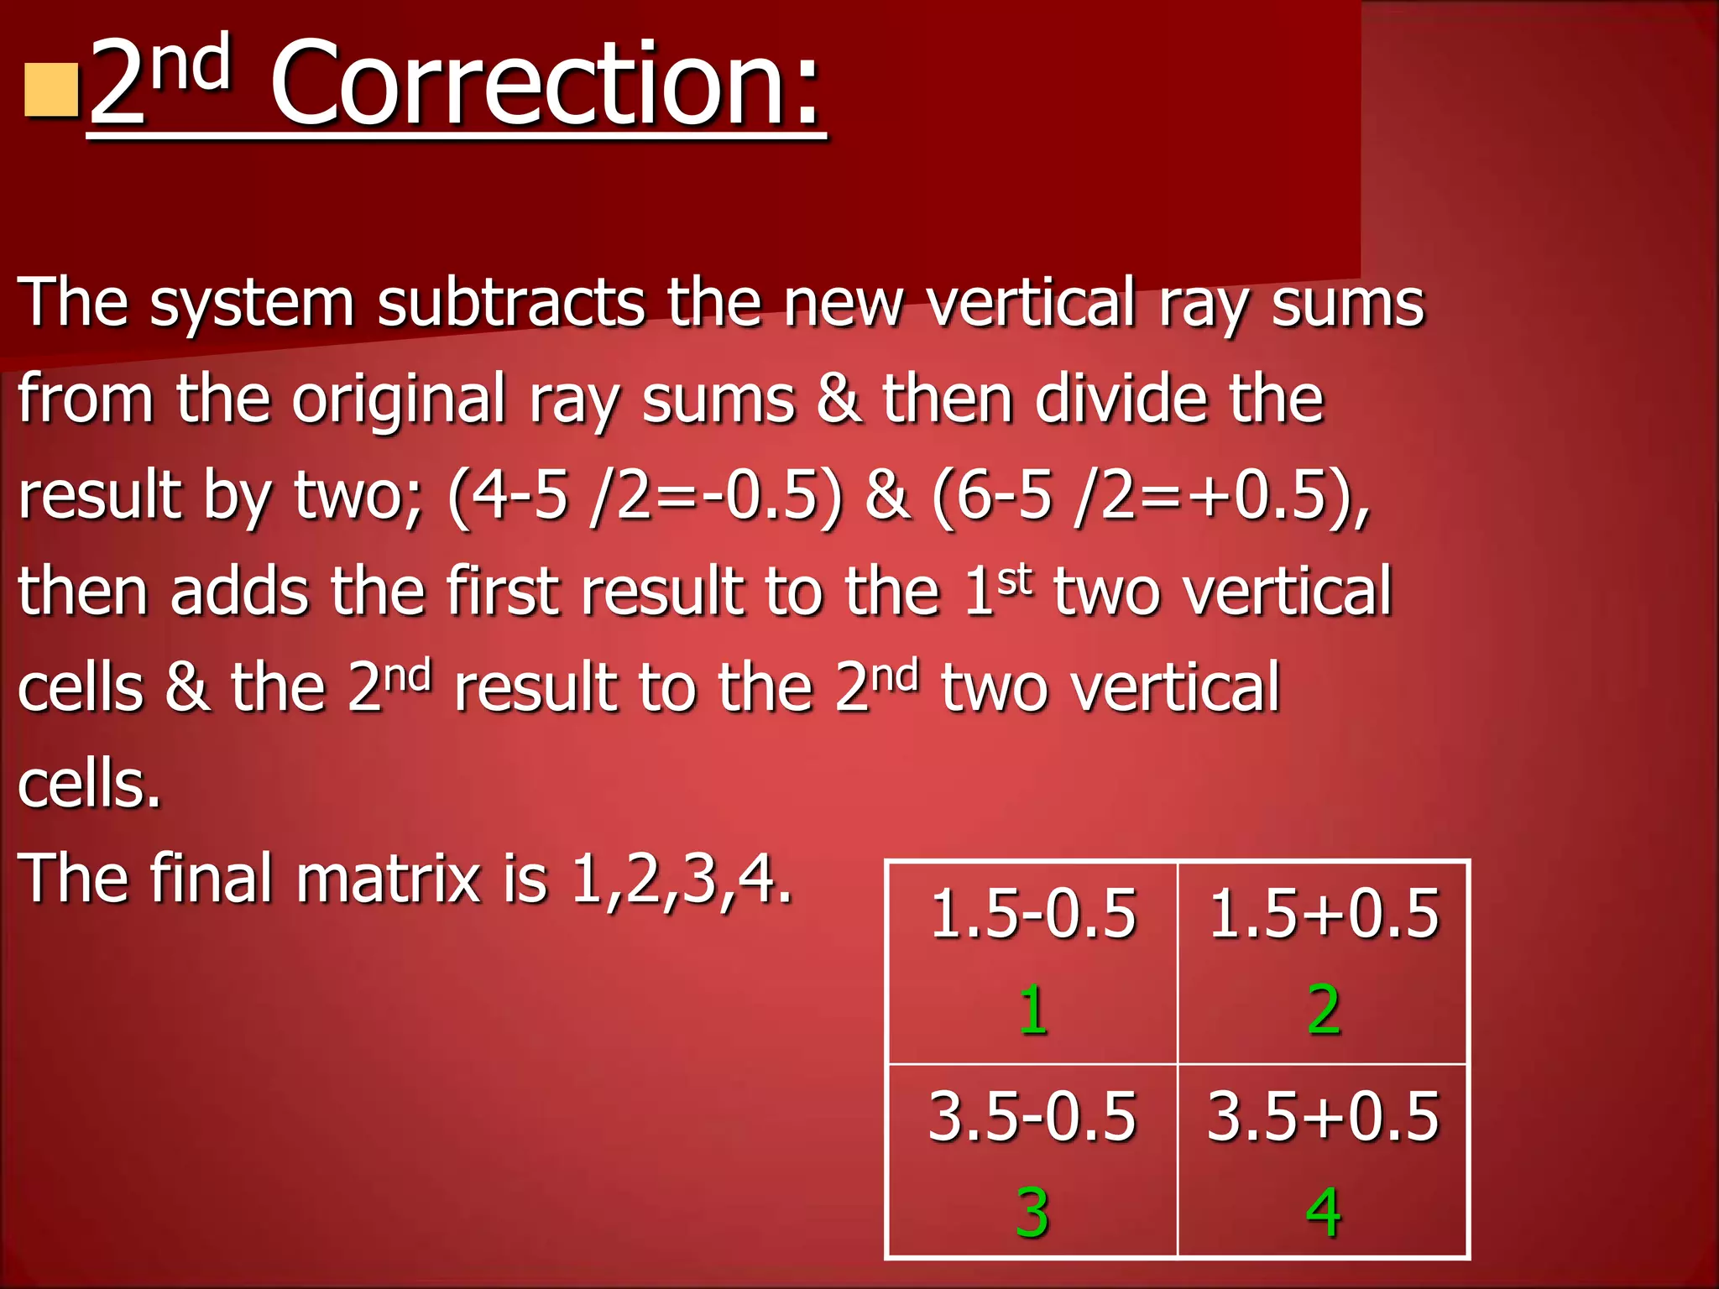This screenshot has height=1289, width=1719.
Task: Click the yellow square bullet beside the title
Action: point(51,91)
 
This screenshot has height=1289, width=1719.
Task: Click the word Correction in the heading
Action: point(546,84)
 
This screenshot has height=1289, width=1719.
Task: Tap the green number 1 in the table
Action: point(1033,1010)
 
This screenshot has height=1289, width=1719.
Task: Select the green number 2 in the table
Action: point(1324,1010)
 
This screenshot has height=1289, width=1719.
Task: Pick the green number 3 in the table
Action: point(1032,1213)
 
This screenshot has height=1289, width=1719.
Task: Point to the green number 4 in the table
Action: point(1324,1213)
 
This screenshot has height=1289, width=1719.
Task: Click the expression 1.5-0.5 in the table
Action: point(1033,913)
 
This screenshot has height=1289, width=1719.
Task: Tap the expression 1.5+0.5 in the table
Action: point(1324,913)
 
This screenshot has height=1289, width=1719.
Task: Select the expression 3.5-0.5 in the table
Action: point(1032,1116)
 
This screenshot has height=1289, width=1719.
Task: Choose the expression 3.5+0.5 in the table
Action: point(1324,1116)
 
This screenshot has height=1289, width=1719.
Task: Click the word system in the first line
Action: point(252,304)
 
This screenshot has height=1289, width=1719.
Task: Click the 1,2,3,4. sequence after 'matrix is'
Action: point(681,879)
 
